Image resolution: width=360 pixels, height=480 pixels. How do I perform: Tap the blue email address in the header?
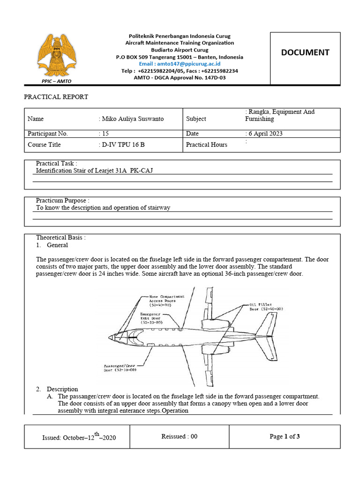pos(180,63)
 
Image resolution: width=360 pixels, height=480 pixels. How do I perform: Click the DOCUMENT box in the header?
pos(305,52)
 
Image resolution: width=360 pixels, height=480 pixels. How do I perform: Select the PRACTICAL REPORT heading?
pos(56,97)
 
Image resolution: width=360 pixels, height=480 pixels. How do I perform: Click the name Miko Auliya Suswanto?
pos(131,119)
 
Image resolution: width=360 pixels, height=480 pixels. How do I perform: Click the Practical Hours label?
pos(206,145)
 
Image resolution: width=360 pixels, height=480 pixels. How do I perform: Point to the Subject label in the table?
pos(196,119)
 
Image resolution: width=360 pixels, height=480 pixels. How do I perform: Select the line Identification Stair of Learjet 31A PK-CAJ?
pos(95,171)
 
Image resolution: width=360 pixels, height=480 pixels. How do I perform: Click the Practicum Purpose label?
pos(62,201)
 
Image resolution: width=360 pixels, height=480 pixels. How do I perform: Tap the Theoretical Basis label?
pos(61,238)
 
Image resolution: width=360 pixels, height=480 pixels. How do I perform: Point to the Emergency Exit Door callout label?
pos(150,318)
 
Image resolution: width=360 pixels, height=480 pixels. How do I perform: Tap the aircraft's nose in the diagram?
pos(111,337)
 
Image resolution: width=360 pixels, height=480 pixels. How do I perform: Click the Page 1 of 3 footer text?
pos(285,436)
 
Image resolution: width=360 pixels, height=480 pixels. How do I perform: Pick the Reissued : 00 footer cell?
pos(179,436)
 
